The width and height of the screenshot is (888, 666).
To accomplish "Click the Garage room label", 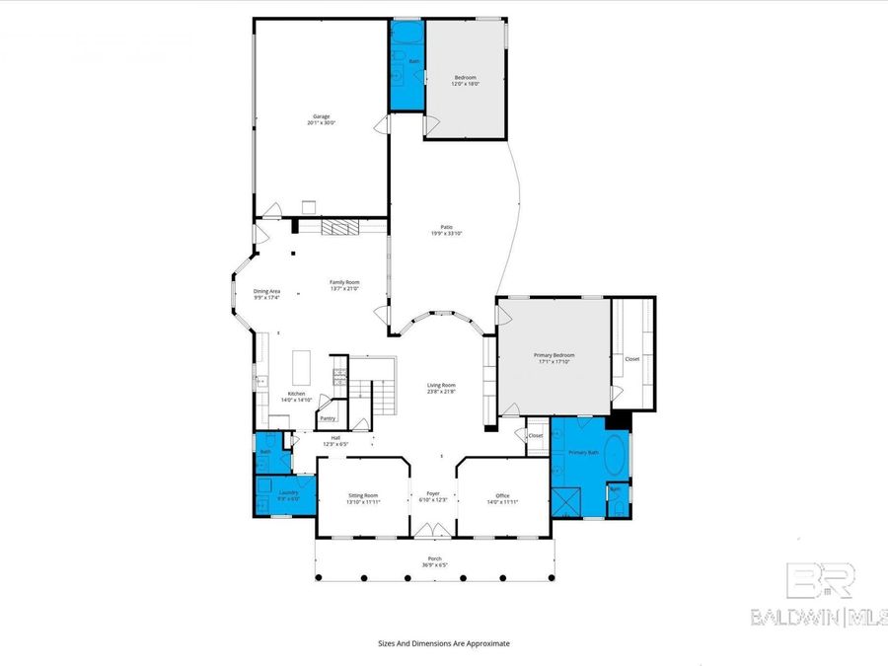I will click(322, 116).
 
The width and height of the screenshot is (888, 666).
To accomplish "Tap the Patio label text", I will click(446, 226).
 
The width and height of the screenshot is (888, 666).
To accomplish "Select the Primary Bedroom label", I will click(554, 355).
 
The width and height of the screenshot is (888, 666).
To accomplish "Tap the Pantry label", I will click(328, 418).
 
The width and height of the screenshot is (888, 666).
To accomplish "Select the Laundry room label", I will click(288, 492).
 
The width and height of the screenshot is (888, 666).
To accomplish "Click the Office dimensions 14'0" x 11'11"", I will click(502, 502).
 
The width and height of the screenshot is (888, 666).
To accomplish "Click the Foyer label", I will click(432, 494).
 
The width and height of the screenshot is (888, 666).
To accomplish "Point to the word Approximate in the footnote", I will click(487, 642).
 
